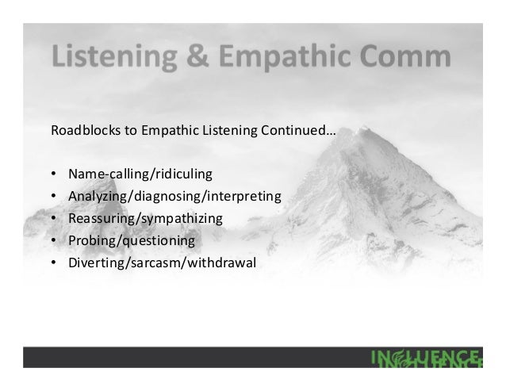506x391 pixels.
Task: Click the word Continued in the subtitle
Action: (x=305, y=130)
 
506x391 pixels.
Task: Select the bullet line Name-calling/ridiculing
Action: (x=140, y=172)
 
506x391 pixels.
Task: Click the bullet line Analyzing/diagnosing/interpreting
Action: (x=174, y=194)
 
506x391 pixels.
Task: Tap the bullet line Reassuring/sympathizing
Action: (x=145, y=217)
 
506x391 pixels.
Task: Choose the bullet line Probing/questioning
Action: (x=131, y=239)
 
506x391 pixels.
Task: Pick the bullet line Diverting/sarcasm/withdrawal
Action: (x=162, y=261)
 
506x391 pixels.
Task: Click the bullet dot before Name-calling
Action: (x=53, y=172)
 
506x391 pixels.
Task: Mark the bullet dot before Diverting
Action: (x=53, y=261)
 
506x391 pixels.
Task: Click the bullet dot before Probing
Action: (x=53, y=239)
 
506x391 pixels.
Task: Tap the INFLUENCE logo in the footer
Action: (x=425, y=358)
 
